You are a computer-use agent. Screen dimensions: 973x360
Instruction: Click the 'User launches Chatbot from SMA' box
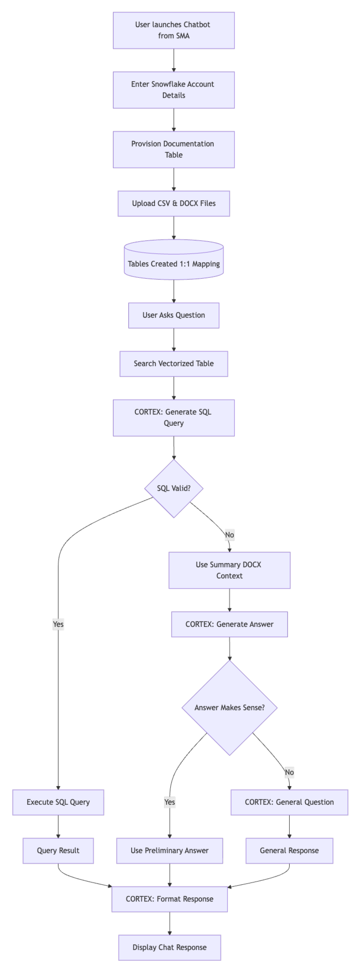pyautogui.click(x=173, y=30)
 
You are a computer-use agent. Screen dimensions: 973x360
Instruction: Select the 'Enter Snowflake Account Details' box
pyautogui.click(x=173, y=90)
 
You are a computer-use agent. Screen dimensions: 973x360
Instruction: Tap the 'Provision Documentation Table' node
pyautogui.click(x=173, y=150)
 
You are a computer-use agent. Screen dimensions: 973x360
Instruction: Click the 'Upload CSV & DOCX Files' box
pyautogui.click(x=173, y=204)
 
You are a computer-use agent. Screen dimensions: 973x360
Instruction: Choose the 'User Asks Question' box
pyautogui.click(x=173, y=315)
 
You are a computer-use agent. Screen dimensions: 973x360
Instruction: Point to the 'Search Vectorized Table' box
pyautogui.click(x=173, y=364)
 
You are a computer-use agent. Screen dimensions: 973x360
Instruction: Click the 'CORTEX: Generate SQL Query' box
pyautogui.click(x=173, y=418)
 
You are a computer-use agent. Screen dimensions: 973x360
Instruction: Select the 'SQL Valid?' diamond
pyautogui.click(x=173, y=488)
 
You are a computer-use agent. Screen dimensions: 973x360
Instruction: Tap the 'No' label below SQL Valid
pyautogui.click(x=229, y=535)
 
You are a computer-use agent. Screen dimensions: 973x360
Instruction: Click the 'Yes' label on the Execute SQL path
pyautogui.click(x=58, y=624)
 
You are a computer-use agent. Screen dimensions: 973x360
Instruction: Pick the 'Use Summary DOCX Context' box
pyautogui.click(x=229, y=570)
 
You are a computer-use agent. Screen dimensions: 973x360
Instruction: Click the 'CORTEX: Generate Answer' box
pyautogui.click(x=229, y=624)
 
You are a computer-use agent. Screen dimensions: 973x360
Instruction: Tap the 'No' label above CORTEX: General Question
pyautogui.click(x=289, y=772)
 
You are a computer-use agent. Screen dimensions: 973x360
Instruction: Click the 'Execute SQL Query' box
pyautogui.click(x=58, y=802)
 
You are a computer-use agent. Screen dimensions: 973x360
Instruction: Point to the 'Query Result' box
pyautogui.click(x=58, y=851)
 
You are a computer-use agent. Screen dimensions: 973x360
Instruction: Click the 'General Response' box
pyautogui.click(x=289, y=851)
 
